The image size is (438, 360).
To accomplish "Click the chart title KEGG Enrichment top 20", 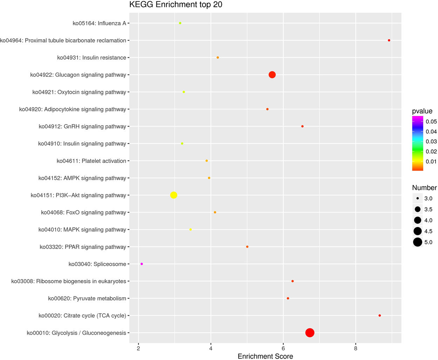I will pos(176,5).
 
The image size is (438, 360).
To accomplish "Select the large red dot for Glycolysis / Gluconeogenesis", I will pos(310,333).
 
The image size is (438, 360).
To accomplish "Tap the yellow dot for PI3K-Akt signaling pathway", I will pos(174,195).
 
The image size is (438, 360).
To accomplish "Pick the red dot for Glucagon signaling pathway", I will pos(272,75).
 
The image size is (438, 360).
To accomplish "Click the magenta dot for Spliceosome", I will pos(142,264).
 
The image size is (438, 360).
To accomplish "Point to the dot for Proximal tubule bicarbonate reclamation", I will pos(389,40).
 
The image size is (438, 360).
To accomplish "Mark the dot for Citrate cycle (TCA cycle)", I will pos(380,315).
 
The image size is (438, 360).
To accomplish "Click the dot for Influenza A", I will pos(180,23).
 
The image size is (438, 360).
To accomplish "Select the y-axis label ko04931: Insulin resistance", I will pos(92,57).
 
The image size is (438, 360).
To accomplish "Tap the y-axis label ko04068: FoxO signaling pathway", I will pos(83,212).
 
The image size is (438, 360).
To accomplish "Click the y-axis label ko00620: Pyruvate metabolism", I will pos(87,298).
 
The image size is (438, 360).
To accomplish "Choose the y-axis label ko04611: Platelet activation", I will pos(91,161).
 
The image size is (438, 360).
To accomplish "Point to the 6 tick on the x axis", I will pos(283,348).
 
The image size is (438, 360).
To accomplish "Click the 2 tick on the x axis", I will pos(139,348).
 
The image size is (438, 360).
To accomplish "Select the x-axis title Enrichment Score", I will pos(265,356).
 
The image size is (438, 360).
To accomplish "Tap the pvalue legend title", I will pos(422,111).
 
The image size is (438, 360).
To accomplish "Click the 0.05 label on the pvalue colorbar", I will pos(431,122).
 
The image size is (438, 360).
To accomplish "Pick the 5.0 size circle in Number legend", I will pos(417,242).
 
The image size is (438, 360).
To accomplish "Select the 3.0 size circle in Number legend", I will pos(417,198).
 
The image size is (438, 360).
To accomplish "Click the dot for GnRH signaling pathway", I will pos(302,126).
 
